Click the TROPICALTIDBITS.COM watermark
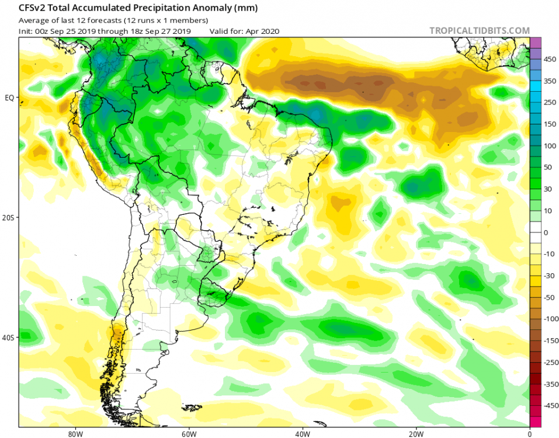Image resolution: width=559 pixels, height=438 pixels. [x=479, y=30]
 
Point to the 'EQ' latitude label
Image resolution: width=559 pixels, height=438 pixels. [x=9, y=98]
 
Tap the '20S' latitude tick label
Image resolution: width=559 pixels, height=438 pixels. [x=8, y=217]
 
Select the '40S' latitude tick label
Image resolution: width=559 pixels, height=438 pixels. [x=8, y=338]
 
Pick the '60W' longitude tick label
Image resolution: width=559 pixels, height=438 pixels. [x=188, y=434]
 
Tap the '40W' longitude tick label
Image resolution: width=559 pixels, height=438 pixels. [x=302, y=434]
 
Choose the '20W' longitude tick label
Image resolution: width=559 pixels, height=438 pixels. [x=416, y=434]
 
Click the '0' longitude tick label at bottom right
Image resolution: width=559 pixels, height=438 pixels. [x=529, y=434]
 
